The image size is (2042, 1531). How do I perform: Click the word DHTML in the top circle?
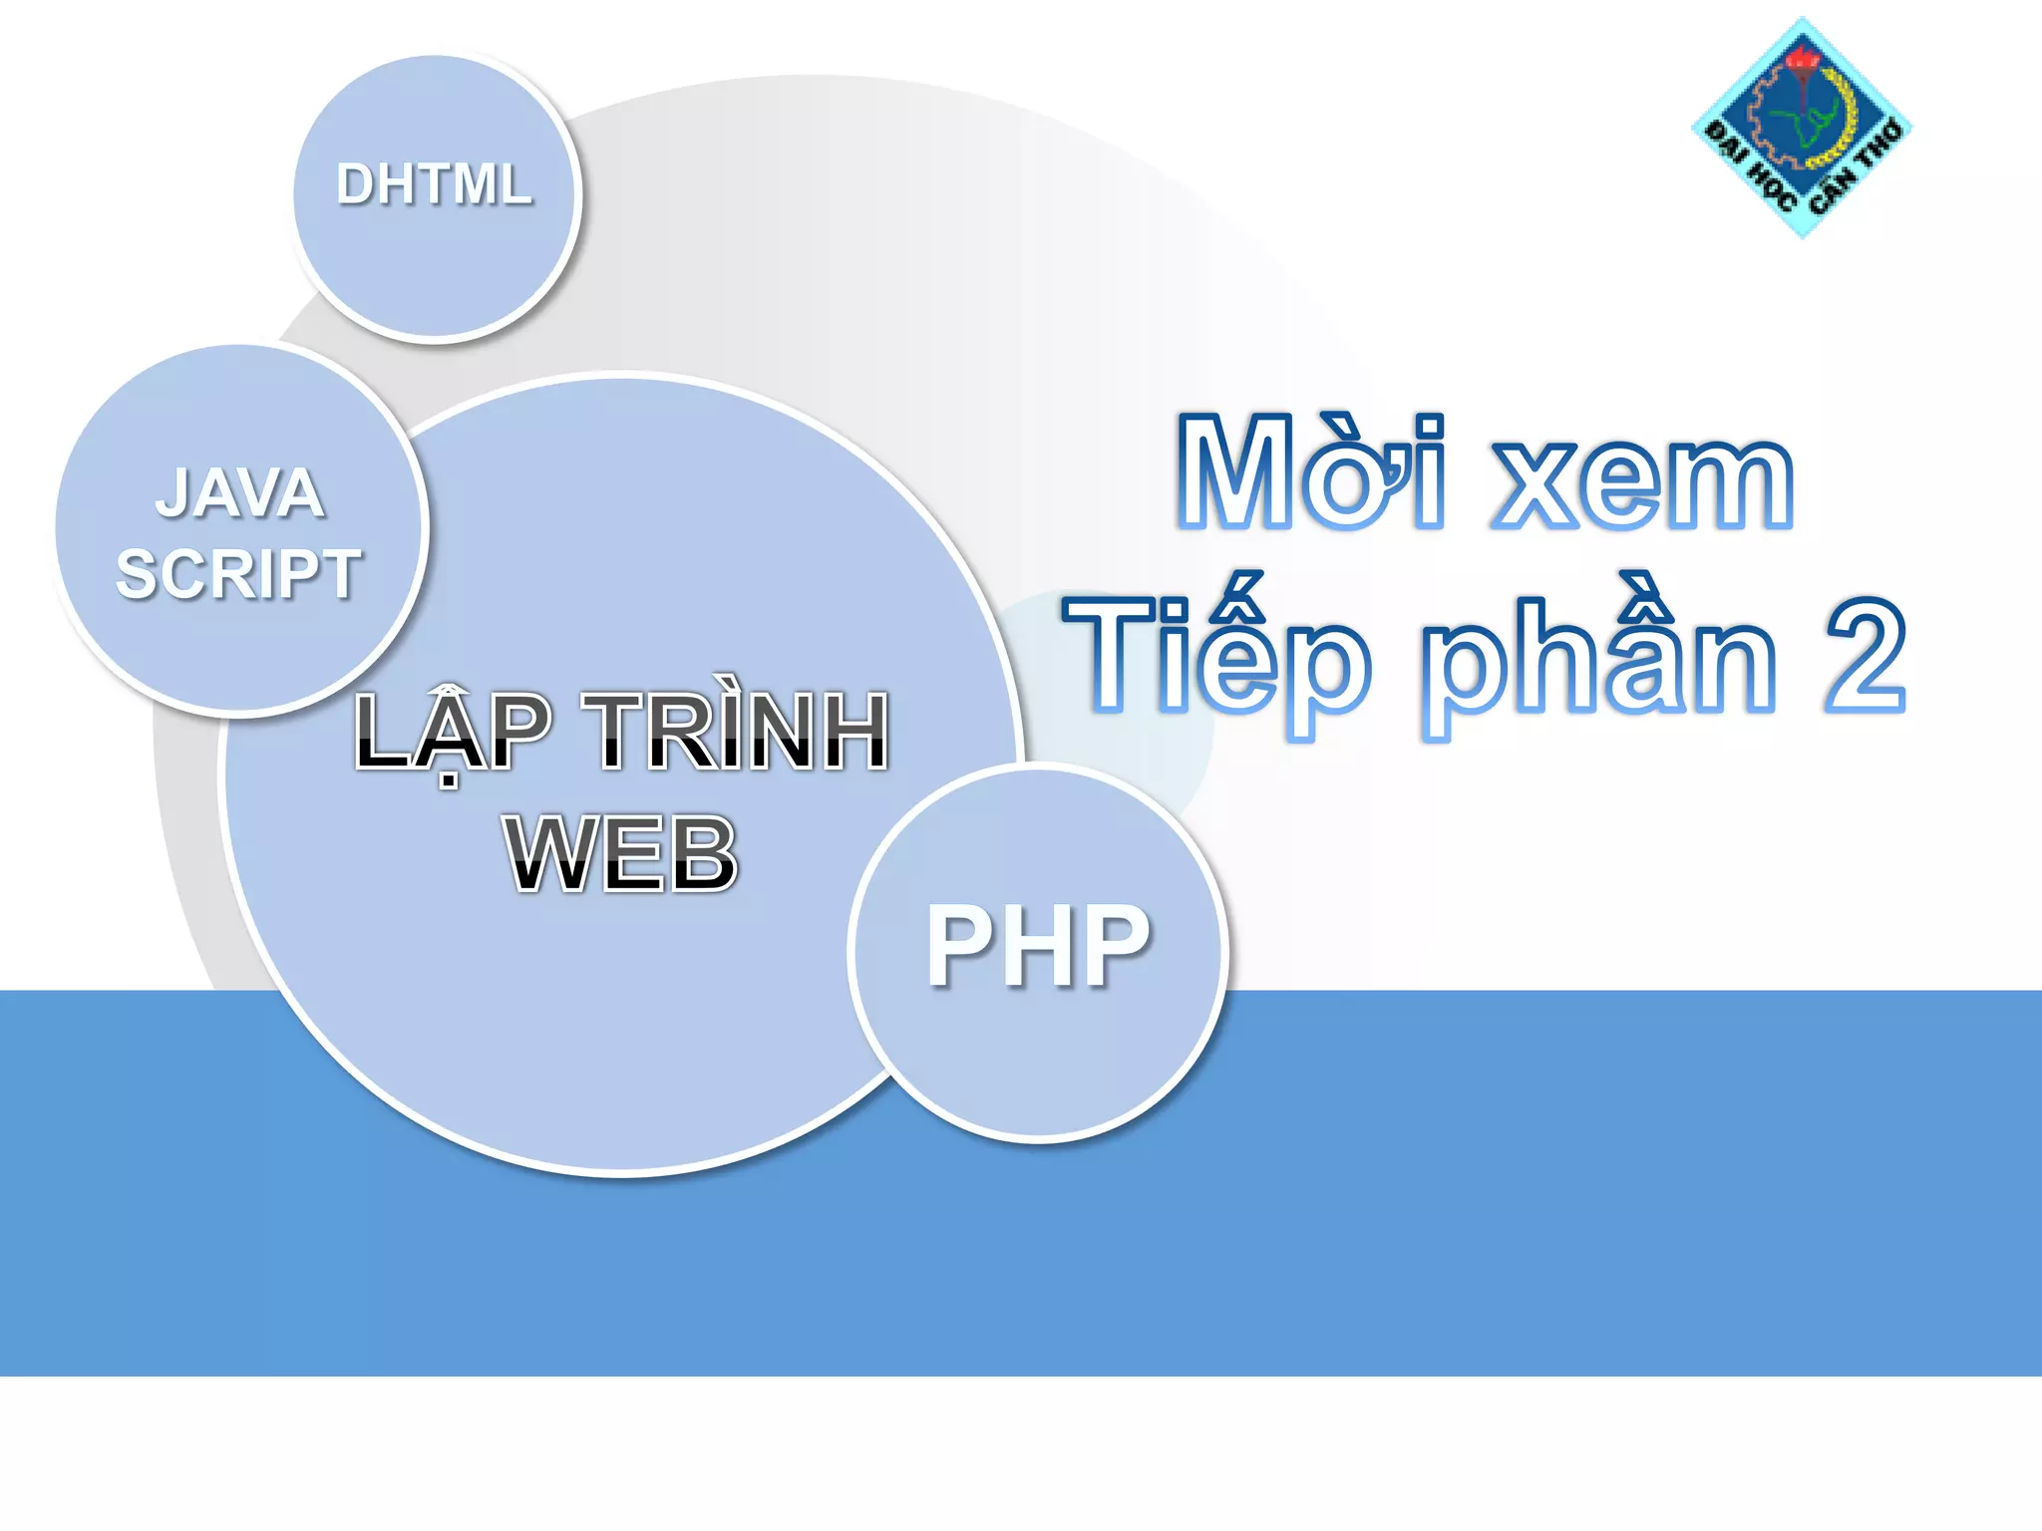[x=434, y=184]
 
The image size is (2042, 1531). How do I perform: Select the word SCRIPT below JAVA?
[x=238, y=574]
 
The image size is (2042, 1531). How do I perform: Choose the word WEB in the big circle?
[x=621, y=853]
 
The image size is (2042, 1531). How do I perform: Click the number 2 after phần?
[x=1866, y=658]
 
